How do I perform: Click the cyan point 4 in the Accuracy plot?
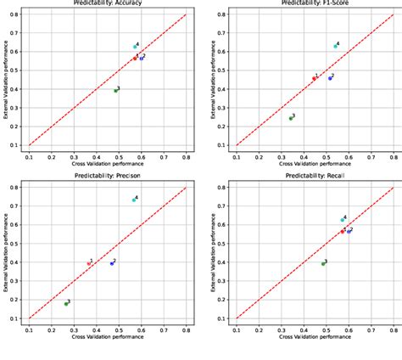tap(135, 47)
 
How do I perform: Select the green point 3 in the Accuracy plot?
tap(115, 90)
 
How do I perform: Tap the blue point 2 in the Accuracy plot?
tap(142, 58)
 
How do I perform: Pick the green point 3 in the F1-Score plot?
tap(290, 118)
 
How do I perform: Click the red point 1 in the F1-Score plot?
tap(315, 78)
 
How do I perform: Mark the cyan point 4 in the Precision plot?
tap(134, 200)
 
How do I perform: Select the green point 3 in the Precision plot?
tap(66, 303)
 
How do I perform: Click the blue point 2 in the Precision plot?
tap(111, 263)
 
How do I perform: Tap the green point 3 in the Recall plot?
tap(323, 263)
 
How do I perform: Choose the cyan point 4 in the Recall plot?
tap(342, 220)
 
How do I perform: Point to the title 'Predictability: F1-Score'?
tap(315, 3)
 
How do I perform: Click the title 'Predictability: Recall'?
tap(315, 176)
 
